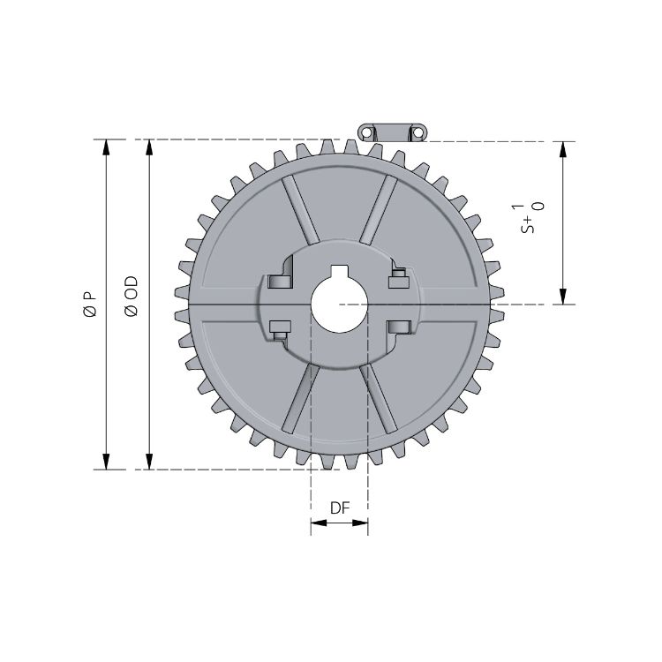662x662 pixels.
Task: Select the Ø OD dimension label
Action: click(131, 296)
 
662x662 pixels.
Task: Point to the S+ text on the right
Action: click(528, 220)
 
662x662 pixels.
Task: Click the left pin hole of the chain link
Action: click(366, 132)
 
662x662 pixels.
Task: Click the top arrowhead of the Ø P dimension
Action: click(107, 147)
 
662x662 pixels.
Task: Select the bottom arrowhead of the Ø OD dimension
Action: click(148, 462)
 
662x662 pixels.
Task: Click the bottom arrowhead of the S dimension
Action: click(562, 297)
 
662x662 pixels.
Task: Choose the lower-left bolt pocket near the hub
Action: click(280, 328)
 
